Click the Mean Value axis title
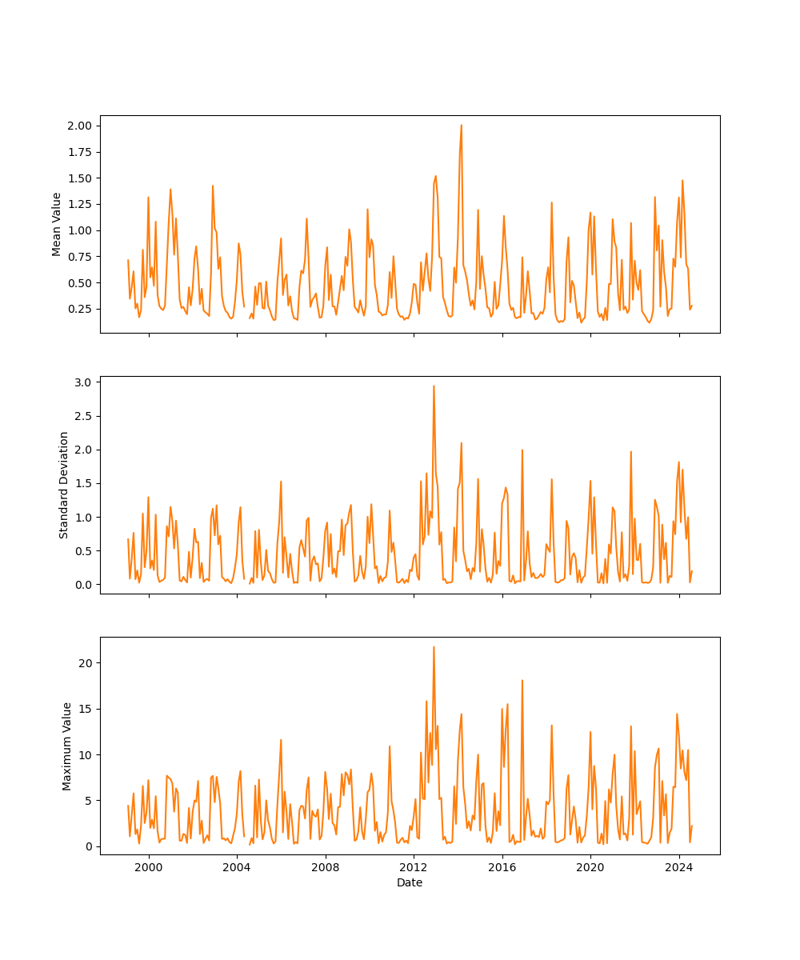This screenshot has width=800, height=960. pos(57,224)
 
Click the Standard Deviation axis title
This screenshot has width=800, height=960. pos(64,485)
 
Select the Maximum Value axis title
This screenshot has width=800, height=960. pos(67,746)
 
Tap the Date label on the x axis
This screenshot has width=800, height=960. pos(410,882)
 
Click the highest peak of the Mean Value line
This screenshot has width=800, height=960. pos(461,125)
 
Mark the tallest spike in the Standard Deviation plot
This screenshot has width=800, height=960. pos(434,386)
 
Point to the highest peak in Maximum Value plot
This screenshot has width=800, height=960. pos(434,646)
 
